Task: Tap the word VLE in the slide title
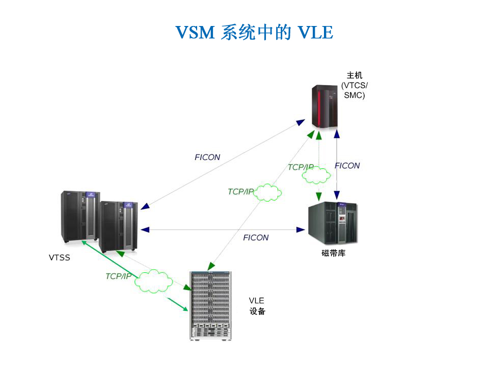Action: click(x=316, y=33)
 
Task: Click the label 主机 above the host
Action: click(x=355, y=76)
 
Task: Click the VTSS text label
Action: click(x=60, y=257)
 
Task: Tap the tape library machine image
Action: click(x=333, y=223)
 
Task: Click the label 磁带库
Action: click(x=334, y=253)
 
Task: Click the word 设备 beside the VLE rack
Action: click(x=257, y=311)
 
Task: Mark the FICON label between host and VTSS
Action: click(x=207, y=158)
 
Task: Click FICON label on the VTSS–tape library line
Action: click(x=256, y=238)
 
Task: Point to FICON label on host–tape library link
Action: click(x=347, y=166)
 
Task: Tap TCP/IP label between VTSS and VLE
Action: click(x=118, y=276)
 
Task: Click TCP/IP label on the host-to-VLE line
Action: click(x=240, y=192)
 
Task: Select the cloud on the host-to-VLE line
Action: click(x=268, y=192)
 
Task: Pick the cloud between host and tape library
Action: click(x=316, y=175)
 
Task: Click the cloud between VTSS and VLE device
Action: click(x=153, y=281)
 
